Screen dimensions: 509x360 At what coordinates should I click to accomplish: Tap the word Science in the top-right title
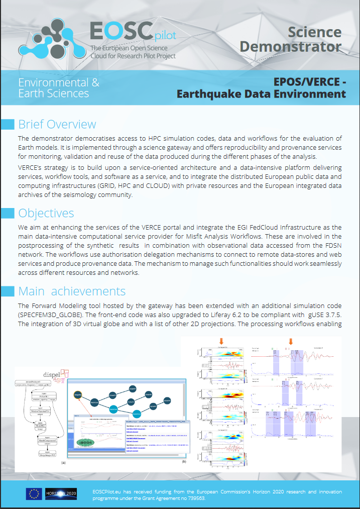click(314, 33)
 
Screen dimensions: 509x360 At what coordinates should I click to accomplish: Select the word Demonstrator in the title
click(291, 47)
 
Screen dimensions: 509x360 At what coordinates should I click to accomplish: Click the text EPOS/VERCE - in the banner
click(310, 82)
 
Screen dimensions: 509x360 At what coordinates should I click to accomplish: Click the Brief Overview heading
click(57, 124)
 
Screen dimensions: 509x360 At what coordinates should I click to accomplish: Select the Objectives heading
click(46, 213)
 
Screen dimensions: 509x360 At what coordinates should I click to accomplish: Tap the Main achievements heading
click(72, 291)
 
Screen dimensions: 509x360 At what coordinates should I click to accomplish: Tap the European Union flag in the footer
click(34, 494)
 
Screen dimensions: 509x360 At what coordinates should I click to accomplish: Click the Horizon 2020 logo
click(61, 494)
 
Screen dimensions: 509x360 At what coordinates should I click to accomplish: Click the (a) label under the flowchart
click(63, 461)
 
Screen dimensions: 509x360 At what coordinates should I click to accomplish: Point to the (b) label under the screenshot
click(184, 461)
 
